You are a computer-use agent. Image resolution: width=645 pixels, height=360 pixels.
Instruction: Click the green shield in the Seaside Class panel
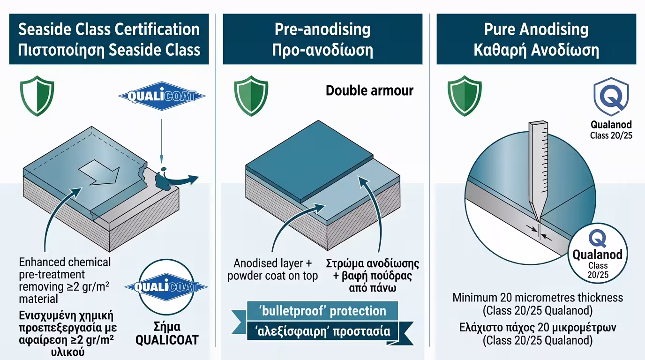click(x=37, y=97)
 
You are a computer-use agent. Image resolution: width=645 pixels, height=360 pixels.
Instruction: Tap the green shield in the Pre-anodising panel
click(x=251, y=97)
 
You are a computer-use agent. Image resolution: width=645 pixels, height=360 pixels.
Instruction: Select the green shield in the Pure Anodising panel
click(x=465, y=97)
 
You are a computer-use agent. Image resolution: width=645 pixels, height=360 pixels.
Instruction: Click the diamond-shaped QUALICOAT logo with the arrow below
click(x=162, y=97)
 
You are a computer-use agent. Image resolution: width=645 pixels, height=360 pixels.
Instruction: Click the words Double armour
click(x=369, y=90)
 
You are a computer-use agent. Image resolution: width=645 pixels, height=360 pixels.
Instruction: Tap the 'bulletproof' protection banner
click(x=322, y=310)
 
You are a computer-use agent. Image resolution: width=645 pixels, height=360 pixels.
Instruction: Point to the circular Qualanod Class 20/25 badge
click(x=598, y=253)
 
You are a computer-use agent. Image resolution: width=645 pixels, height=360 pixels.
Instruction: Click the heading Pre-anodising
click(x=322, y=30)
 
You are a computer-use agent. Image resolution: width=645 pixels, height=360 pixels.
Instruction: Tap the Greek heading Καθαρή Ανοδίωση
click(x=536, y=50)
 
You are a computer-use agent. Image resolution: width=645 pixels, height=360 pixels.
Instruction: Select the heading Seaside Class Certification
click(x=109, y=30)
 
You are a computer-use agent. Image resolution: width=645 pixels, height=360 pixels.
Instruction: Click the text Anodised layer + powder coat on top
click(x=273, y=270)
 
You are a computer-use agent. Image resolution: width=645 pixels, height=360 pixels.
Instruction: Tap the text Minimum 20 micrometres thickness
click(x=538, y=298)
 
